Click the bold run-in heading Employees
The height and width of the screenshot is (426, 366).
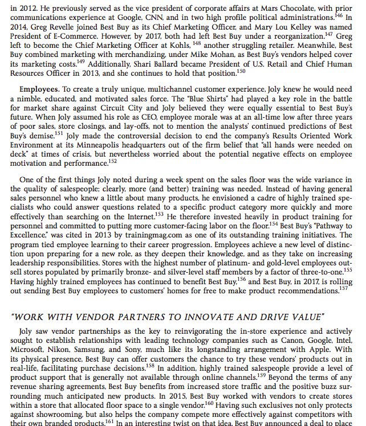(39, 90)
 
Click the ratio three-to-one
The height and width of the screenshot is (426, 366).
(320, 271)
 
